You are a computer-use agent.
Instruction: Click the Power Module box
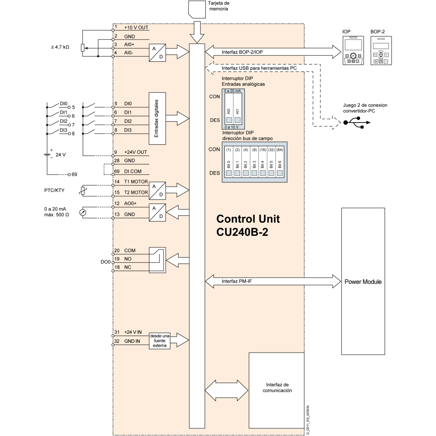(x=363, y=281)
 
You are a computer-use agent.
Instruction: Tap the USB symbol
(x=356, y=123)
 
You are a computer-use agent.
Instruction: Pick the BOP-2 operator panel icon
(x=381, y=51)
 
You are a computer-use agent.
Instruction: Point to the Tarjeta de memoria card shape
(x=196, y=9)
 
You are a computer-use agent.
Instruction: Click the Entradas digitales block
(x=157, y=118)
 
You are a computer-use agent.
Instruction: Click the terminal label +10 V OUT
(x=136, y=27)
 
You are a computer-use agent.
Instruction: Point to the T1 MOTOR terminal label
(x=135, y=182)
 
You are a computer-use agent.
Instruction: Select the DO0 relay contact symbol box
(x=157, y=260)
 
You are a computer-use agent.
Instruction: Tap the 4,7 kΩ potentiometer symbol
(x=83, y=48)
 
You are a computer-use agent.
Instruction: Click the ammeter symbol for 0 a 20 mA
(x=83, y=211)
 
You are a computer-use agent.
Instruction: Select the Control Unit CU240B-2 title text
(x=248, y=225)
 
